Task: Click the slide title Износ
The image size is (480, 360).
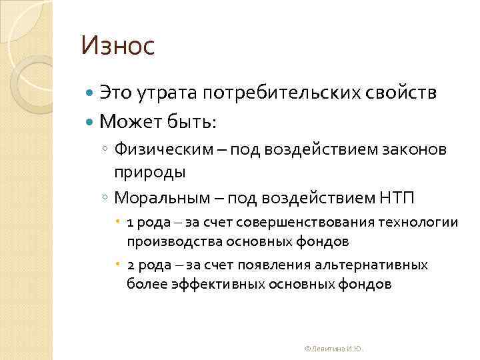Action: pos(117,47)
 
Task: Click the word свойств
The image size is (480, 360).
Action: pos(401,93)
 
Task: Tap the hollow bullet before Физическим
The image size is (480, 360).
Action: pos(106,149)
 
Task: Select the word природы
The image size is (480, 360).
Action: pos(149,171)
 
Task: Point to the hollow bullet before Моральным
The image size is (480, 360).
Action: pos(106,198)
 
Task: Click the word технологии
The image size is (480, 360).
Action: pos(412,222)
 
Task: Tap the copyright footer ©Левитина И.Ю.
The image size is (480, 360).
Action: pos(333,349)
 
